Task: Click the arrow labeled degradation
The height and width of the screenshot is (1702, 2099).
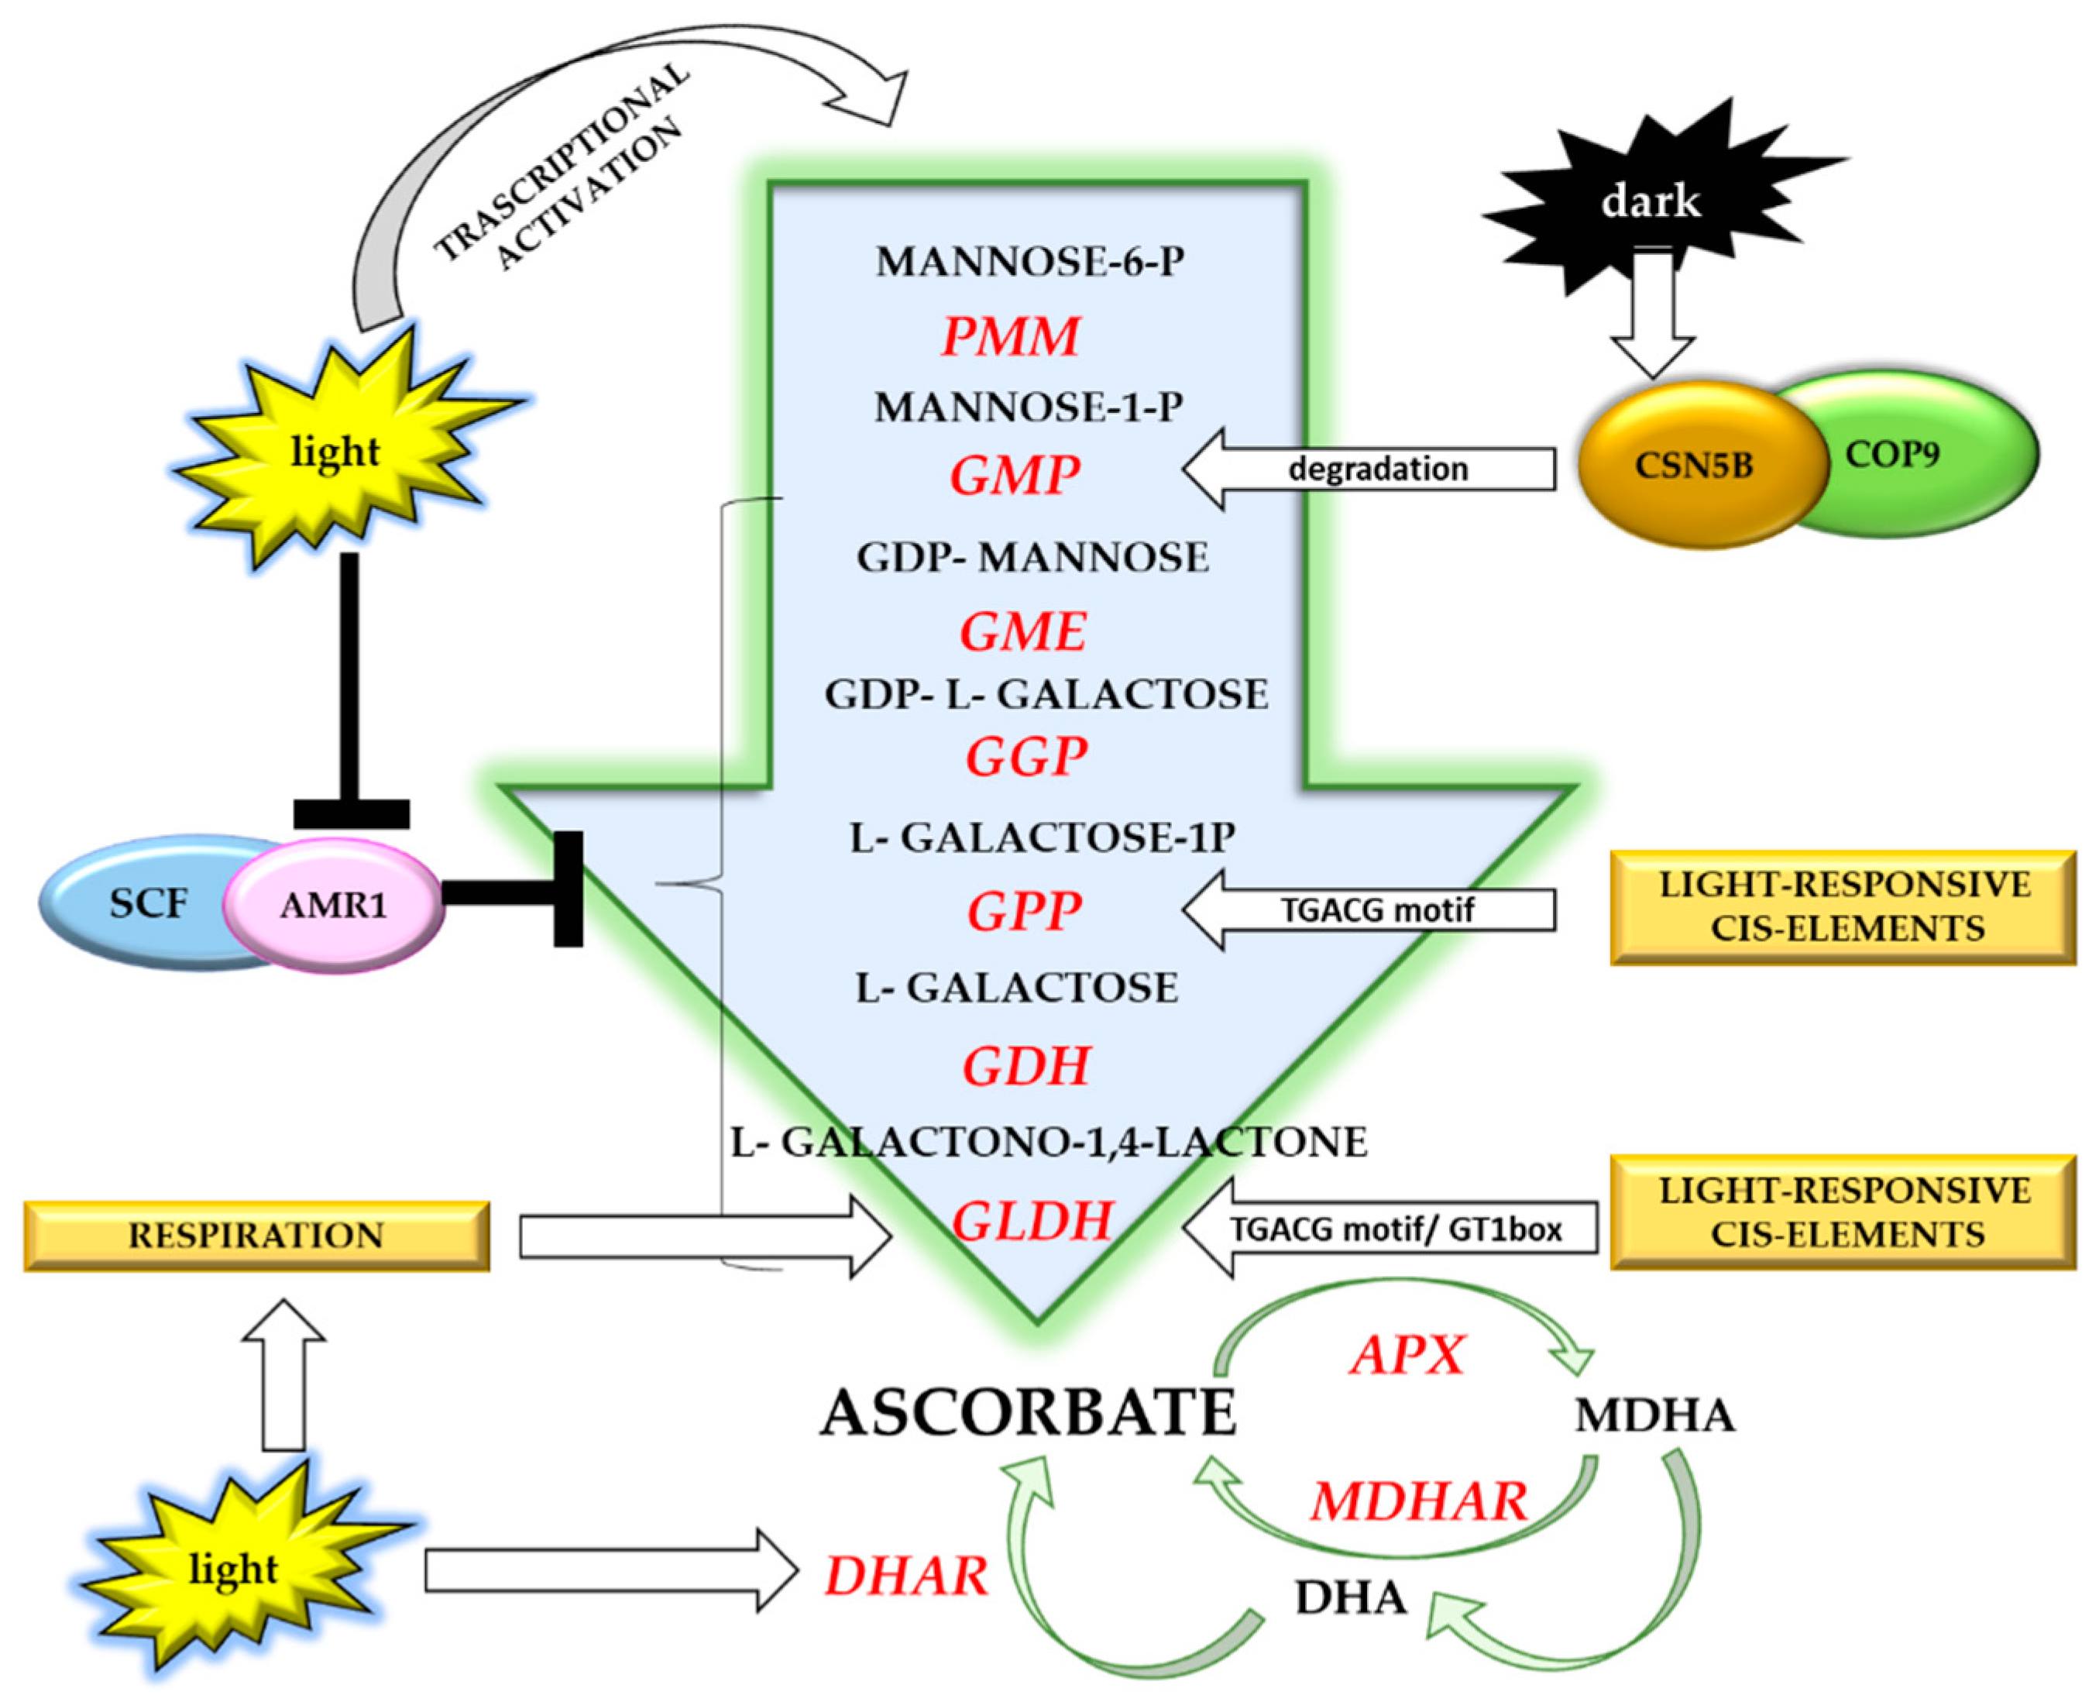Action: (1372, 469)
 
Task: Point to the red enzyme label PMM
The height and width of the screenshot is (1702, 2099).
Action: (1010, 336)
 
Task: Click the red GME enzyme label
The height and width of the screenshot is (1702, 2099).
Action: (1022, 631)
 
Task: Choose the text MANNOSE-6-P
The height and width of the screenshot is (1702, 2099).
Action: (1029, 262)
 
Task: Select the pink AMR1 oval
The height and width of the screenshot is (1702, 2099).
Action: (333, 904)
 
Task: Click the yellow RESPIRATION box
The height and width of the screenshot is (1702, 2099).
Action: (257, 1236)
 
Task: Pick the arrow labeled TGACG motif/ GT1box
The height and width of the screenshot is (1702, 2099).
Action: (1392, 1229)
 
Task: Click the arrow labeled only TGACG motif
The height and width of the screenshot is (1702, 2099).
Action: (1372, 909)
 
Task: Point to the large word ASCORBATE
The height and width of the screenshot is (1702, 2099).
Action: (1029, 1413)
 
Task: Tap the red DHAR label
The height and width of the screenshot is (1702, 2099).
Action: (906, 1576)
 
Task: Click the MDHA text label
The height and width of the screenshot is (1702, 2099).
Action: (1655, 1415)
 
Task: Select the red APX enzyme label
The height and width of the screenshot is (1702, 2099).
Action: (1407, 1356)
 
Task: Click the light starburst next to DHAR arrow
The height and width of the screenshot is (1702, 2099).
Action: (235, 1569)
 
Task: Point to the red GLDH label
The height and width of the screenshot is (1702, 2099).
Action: (1032, 1221)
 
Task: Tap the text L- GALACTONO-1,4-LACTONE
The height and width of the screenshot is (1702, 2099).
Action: (1048, 1142)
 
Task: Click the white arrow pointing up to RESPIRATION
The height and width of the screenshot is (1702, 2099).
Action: (284, 1377)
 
